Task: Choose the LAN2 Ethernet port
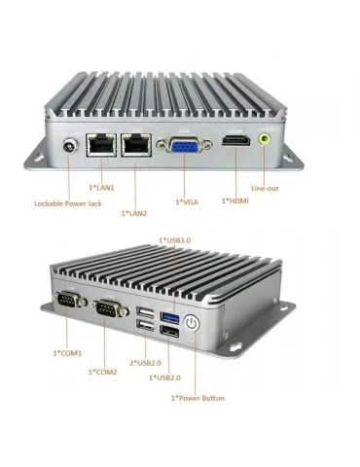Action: (134, 146)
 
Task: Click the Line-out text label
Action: (267, 187)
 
